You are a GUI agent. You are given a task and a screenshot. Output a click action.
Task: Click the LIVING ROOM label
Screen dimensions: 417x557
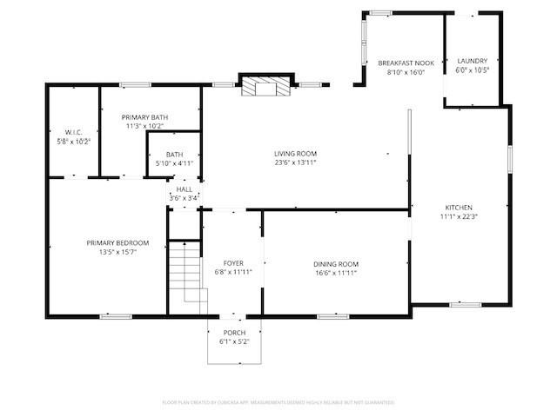295,153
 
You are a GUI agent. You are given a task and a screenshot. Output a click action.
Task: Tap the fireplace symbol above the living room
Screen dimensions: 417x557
263,86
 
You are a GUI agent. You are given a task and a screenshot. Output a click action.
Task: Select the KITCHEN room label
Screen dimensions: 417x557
459,208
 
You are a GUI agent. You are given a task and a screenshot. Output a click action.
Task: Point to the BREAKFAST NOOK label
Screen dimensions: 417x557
406,63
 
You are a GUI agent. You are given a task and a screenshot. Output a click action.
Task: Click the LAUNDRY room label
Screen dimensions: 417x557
473,61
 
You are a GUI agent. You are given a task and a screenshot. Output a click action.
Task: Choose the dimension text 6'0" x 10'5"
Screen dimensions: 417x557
473,70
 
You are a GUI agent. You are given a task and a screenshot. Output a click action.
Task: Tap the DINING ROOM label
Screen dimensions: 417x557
336,264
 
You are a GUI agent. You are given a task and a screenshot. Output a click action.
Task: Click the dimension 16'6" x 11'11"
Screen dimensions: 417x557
336,273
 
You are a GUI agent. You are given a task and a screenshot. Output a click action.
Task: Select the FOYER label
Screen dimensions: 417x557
233,263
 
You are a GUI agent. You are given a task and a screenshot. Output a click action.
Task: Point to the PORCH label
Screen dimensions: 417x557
234,333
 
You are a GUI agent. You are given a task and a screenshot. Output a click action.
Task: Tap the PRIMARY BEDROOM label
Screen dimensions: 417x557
117,242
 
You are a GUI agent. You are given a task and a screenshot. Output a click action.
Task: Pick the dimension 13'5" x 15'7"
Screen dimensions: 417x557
117,251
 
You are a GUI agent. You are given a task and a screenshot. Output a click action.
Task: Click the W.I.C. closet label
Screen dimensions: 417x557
74,131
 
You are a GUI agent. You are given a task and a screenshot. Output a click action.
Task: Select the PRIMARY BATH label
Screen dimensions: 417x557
145,117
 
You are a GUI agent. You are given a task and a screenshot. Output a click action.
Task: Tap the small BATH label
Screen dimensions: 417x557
175,155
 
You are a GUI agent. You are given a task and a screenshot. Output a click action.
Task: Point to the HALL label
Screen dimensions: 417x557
185,189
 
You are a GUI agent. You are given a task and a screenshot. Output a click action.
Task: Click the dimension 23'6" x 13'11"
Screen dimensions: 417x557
295,162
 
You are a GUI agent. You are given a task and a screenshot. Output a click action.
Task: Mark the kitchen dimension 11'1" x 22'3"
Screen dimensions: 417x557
459,217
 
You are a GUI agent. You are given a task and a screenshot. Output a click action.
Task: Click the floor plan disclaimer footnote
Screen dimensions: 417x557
278,402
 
